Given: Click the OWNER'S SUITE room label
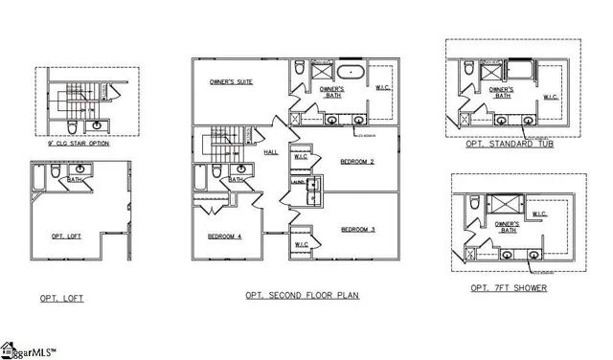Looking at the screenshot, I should coord(231,83).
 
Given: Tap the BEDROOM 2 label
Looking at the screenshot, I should coord(356,162).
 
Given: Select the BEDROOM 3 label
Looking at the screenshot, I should coord(356,229).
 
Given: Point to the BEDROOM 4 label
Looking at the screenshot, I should coord(224,236).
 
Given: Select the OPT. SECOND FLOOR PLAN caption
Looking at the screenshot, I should coord(302,295).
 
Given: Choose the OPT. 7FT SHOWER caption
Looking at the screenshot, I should coord(510,288).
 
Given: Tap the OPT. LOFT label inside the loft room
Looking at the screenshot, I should coord(67,236).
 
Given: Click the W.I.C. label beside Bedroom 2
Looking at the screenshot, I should coord(300,157).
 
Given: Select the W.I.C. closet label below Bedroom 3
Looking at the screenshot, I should coord(302,244).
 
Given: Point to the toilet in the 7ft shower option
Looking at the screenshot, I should coord(472,201).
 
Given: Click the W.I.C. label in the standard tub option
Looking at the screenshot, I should coord(552,97).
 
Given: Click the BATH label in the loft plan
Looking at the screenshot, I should coord(73,179).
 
